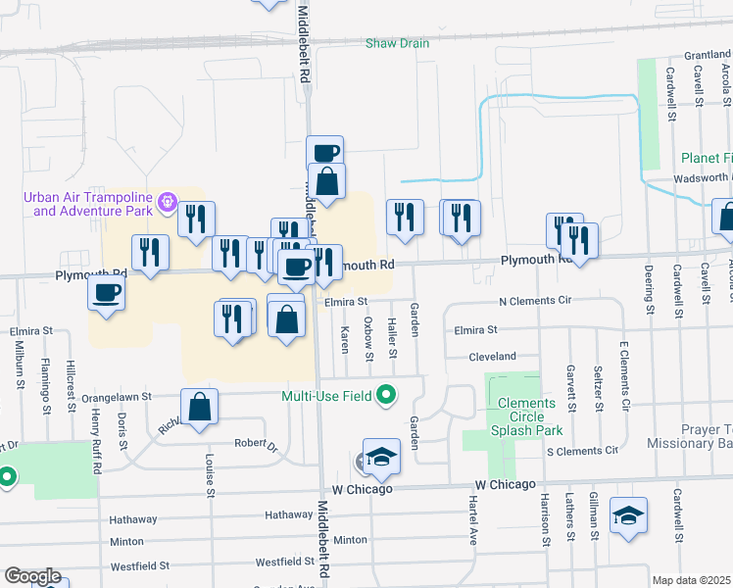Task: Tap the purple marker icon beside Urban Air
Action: tap(169, 204)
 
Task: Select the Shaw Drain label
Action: tap(398, 43)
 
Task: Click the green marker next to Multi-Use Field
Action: tap(387, 396)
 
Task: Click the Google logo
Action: tap(32, 576)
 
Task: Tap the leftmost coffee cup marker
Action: tap(107, 291)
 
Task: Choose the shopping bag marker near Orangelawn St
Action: tap(199, 408)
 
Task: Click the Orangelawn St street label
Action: tap(117, 397)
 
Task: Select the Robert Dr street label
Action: tap(256, 443)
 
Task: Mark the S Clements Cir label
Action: tap(582, 451)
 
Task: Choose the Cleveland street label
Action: tap(492, 358)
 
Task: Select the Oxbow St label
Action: tap(368, 338)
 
